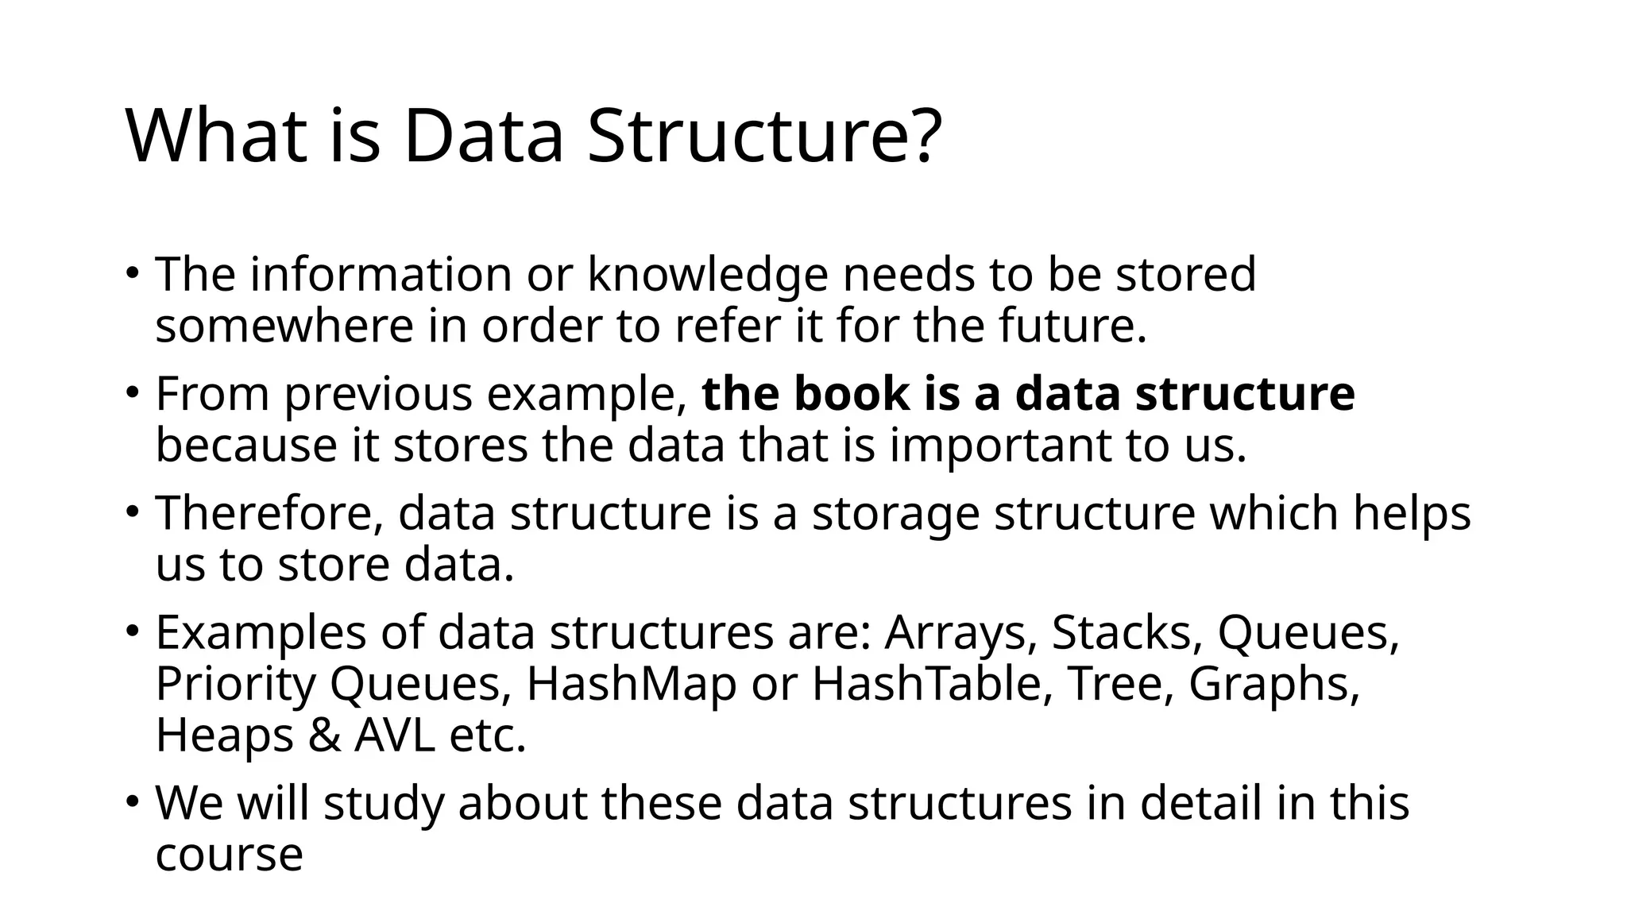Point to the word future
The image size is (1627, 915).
[1072, 326]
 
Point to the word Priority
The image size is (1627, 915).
[235, 685]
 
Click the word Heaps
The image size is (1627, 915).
[224, 735]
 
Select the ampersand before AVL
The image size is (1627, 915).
[323, 735]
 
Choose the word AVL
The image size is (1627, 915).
[395, 735]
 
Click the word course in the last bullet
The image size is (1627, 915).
[229, 855]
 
